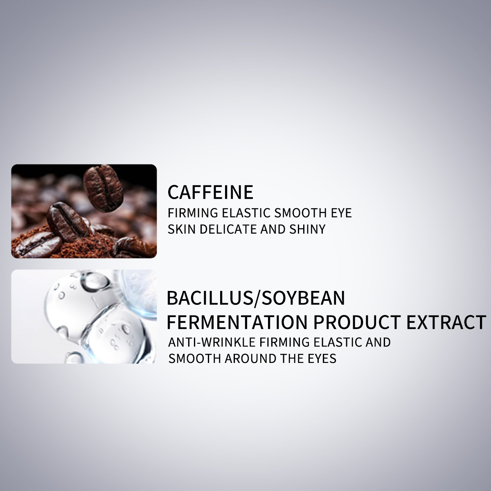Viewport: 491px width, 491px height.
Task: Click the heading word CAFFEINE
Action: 210,192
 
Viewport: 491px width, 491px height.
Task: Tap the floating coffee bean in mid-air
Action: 103,187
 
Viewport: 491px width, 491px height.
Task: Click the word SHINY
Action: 307,229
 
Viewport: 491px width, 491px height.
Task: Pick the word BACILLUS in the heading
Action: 210,298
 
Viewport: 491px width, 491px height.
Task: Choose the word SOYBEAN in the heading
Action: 303,298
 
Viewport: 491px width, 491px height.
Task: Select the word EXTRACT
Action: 446,322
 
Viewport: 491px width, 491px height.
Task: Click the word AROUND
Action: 251,358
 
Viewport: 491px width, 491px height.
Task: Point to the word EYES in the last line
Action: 322,358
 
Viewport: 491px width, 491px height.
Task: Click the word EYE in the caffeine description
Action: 341,213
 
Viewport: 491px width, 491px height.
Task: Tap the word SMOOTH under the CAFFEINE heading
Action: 300,213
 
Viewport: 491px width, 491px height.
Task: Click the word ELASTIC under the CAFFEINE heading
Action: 246,213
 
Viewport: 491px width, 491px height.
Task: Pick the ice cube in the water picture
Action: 117,333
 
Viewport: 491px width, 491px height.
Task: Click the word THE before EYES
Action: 291,358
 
